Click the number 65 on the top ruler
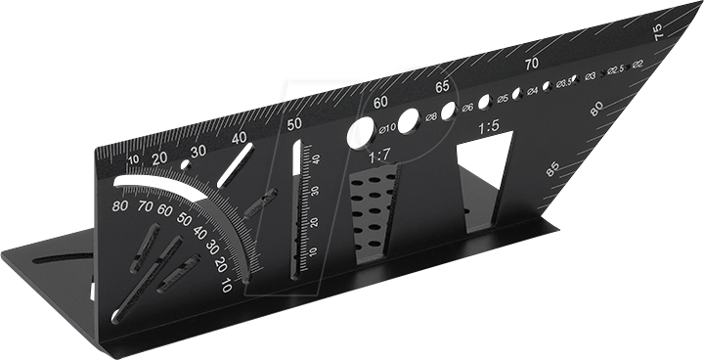tap(443, 87)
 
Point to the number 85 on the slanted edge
tap(554, 169)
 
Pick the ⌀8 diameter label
tap(431, 116)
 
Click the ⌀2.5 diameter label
tap(615, 69)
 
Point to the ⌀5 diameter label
tap(502, 99)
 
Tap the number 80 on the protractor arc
tap(120, 206)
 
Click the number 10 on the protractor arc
tap(227, 287)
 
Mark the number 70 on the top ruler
tap(532, 65)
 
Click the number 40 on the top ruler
tap(240, 138)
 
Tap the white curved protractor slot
tap(161, 183)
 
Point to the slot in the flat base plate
tap(68, 257)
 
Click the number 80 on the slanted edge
tap(596, 112)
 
